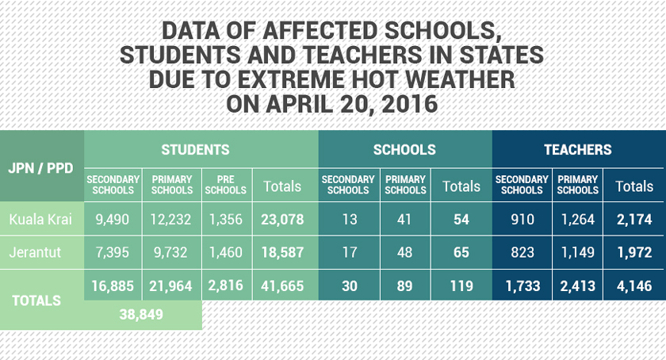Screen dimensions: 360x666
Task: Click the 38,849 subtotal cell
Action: pos(141,314)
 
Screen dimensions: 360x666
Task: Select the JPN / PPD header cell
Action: pos(41,169)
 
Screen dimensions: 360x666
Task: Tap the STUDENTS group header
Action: pos(195,149)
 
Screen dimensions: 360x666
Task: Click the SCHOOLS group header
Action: pos(404,149)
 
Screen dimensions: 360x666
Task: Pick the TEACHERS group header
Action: pos(577,149)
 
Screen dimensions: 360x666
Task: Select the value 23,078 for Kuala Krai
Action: pos(282,219)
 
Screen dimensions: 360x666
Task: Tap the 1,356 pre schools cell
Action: pos(225,219)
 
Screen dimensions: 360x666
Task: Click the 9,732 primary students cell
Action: pos(172,252)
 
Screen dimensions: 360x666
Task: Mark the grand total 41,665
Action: pos(282,285)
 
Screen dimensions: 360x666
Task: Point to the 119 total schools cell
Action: pos(461,285)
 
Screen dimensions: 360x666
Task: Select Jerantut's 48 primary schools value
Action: pos(404,252)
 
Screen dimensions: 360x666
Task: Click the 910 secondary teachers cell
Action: pos(522,219)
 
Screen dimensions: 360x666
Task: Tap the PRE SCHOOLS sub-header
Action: pos(225,186)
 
